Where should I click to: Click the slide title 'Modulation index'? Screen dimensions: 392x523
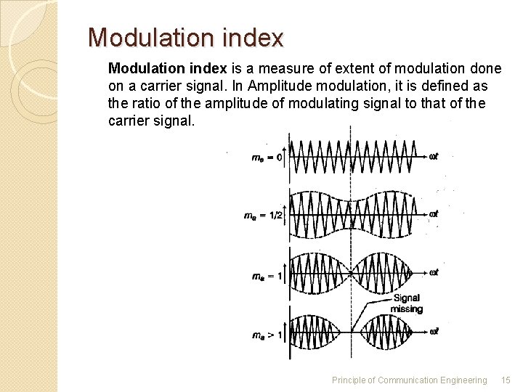point(185,38)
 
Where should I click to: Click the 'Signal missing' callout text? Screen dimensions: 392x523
point(407,303)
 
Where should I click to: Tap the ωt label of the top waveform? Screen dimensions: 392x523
point(433,155)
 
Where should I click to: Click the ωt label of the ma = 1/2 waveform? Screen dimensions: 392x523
point(433,214)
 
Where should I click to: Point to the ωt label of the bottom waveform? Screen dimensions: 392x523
point(433,332)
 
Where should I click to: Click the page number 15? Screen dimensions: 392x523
point(506,380)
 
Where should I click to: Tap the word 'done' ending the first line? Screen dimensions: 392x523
point(486,69)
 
